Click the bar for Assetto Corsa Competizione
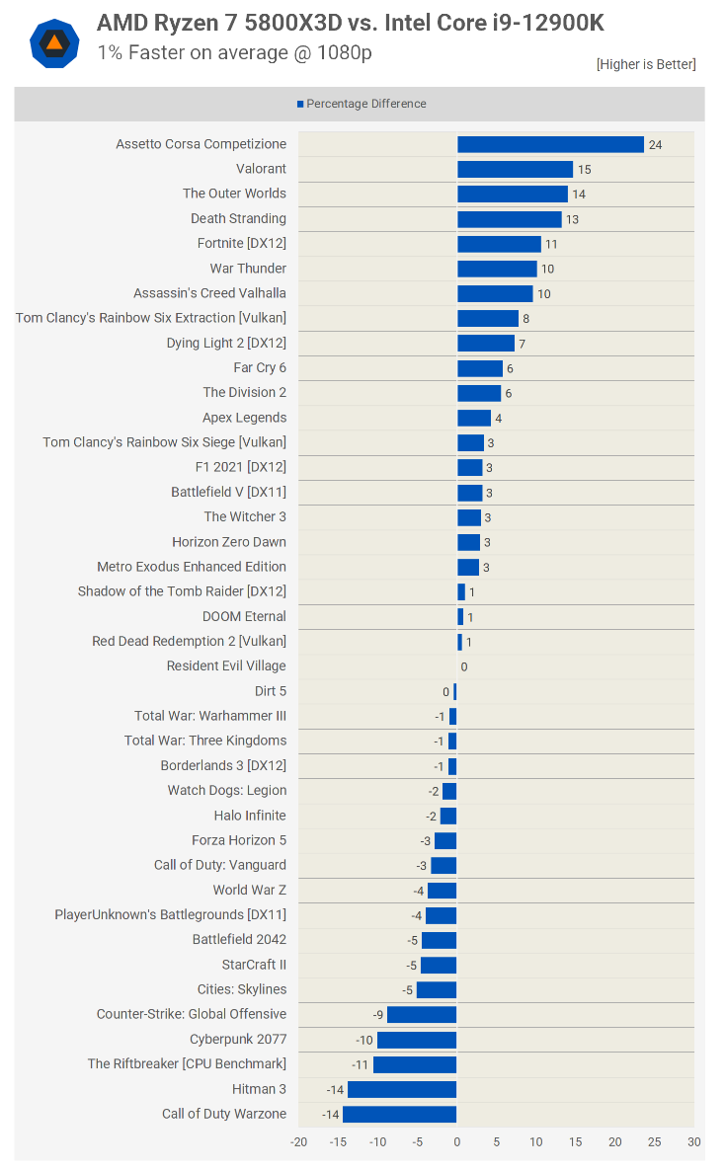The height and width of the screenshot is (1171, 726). pos(550,144)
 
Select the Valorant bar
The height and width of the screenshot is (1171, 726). pos(515,169)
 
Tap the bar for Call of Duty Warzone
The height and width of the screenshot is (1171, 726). pos(400,1114)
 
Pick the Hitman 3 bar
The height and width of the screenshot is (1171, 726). pos(402,1089)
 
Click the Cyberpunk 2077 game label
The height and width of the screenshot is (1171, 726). pos(238,1039)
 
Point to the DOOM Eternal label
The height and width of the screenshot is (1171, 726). pos(244,616)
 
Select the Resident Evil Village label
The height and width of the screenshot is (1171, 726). pos(226,666)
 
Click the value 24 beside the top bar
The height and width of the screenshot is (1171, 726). pos(655,145)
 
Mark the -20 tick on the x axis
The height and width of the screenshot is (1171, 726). pos(298,1141)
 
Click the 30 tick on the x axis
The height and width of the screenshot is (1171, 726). pos(694,1141)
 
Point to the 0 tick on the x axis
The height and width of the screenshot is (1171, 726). pos(456,1141)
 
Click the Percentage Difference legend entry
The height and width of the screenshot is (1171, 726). pos(362,104)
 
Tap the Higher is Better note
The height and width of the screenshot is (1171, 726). pos(646,64)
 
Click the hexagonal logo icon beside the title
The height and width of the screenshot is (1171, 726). pos(54,42)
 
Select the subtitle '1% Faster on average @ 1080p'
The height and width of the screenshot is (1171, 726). pos(234,52)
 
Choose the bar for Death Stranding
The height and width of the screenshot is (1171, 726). pos(509,219)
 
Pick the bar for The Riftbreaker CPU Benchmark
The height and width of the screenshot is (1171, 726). pos(415,1064)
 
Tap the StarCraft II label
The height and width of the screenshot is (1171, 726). pos(254,965)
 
